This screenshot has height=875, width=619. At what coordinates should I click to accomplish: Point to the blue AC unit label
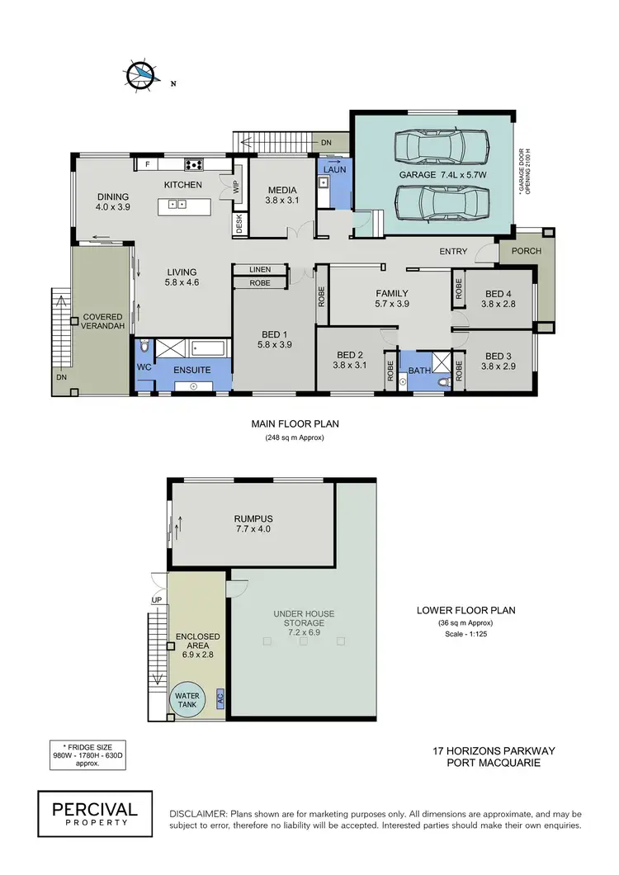pyautogui.click(x=220, y=698)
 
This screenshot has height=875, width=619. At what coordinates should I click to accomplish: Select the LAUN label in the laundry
pyautogui.click(x=333, y=169)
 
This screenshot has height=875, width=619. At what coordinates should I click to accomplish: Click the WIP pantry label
pyautogui.click(x=237, y=187)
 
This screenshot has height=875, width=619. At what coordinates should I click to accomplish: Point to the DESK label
pyautogui.click(x=239, y=225)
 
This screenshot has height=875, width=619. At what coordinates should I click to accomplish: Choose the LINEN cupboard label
pyautogui.click(x=259, y=269)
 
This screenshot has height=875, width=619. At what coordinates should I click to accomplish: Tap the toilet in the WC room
pyautogui.click(x=144, y=345)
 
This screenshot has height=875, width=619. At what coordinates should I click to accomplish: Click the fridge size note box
pyautogui.click(x=87, y=754)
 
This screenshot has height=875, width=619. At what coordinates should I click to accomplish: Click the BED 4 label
pyautogui.click(x=499, y=294)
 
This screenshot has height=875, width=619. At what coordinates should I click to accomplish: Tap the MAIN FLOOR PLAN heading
pyautogui.click(x=295, y=423)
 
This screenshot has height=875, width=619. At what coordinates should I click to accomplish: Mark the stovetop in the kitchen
pyautogui.click(x=193, y=163)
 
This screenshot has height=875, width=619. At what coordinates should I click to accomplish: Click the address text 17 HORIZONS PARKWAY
pyautogui.click(x=494, y=751)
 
